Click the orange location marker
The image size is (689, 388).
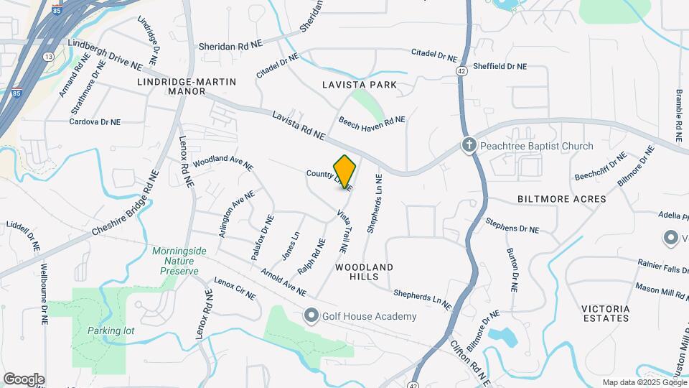click(x=344, y=171)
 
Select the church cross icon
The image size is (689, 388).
click(x=469, y=146)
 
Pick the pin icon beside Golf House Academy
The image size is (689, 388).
click(x=311, y=316)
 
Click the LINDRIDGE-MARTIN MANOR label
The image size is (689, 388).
click(x=186, y=87)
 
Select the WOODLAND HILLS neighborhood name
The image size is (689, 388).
click(x=365, y=272)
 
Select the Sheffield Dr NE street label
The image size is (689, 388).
click(x=497, y=66)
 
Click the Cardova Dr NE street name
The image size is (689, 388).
click(x=95, y=122)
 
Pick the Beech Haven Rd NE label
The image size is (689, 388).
click(x=372, y=121)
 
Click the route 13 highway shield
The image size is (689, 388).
click(x=48, y=56)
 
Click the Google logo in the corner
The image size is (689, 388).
click(x=24, y=379)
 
